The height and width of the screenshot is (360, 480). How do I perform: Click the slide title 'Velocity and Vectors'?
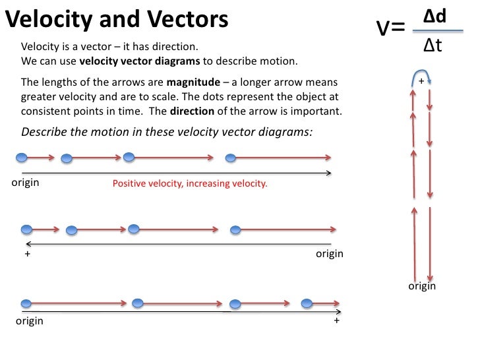(x=117, y=20)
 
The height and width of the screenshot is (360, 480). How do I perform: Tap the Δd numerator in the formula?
(x=435, y=15)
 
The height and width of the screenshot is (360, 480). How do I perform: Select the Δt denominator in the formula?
(x=433, y=45)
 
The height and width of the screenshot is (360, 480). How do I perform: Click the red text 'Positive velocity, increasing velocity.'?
(x=190, y=183)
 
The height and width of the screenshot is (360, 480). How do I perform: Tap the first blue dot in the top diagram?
(x=22, y=158)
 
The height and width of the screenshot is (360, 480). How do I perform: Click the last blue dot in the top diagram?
(x=230, y=158)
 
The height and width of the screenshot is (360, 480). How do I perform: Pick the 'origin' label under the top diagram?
(x=26, y=183)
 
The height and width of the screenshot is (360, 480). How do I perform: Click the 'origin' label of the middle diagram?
(x=330, y=254)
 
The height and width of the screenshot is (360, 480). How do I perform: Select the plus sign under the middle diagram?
(x=28, y=254)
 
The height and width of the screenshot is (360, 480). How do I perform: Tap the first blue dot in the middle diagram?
(x=26, y=229)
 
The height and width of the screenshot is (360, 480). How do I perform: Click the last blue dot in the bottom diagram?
(x=307, y=303)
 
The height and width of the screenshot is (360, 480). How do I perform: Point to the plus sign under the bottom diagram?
(x=336, y=320)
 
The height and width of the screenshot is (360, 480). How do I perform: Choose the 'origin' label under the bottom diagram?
(x=30, y=321)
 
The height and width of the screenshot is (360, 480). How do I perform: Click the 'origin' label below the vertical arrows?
(x=422, y=286)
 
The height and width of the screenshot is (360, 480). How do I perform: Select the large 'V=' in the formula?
(x=390, y=28)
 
